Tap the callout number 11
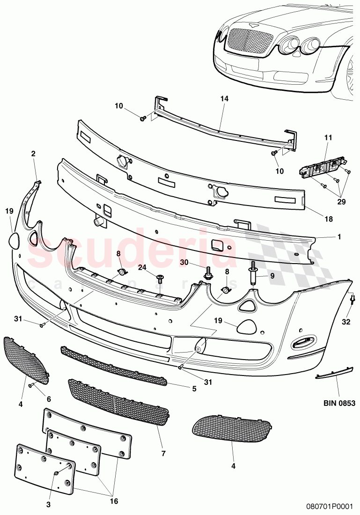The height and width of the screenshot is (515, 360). click(x=328, y=138)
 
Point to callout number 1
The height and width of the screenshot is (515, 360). click(x=338, y=237)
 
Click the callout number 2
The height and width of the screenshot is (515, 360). click(x=33, y=153)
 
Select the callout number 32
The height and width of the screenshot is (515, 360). click(x=346, y=322)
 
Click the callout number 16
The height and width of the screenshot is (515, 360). click(x=114, y=501)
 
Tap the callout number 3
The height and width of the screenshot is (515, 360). click(x=49, y=504)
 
